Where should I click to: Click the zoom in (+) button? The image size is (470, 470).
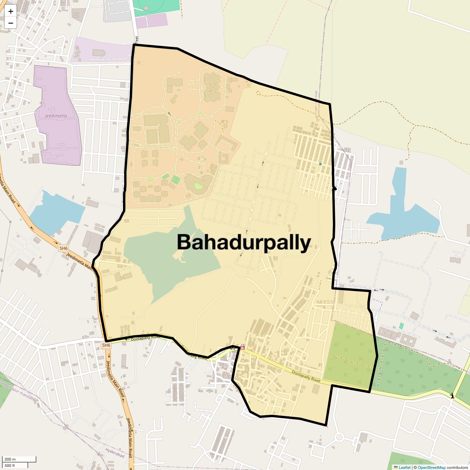point(11,11)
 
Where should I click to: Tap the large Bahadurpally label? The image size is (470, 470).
point(244,242)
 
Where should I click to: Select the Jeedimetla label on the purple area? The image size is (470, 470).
point(56,116)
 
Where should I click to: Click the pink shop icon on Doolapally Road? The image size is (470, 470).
point(242,347)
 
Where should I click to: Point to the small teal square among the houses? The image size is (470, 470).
point(320,164)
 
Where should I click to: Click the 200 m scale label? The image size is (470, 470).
point(10,459)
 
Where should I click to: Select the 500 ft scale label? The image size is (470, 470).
point(10,465)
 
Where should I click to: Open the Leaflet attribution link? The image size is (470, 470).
point(405,467)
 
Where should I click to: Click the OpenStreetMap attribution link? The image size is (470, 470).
point(431,467)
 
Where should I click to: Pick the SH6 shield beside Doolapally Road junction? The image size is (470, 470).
point(106,345)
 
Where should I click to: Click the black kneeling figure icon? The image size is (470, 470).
point(452,396)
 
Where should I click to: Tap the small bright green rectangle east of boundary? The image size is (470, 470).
point(401,326)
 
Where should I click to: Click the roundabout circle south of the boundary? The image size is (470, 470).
point(339,437)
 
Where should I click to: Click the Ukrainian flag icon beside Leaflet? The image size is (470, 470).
point(396,467)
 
